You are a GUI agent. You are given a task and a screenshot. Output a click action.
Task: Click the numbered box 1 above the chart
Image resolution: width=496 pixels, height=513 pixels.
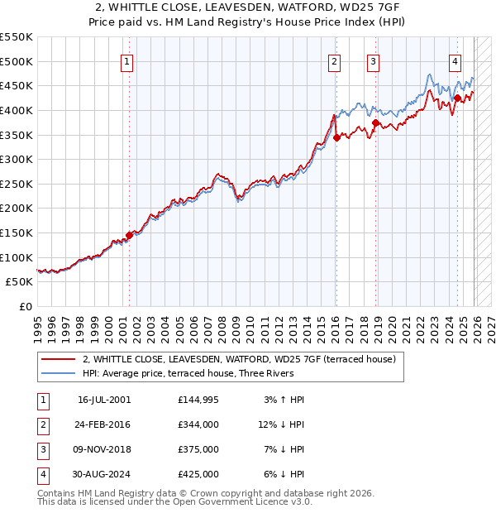(127, 61)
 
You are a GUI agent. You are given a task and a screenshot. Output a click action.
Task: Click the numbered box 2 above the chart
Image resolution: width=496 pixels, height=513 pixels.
(334, 61)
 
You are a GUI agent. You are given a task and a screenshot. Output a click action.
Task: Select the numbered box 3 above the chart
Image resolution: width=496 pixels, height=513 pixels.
(373, 61)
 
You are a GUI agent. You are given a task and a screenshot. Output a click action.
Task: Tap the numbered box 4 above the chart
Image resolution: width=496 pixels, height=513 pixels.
(455, 61)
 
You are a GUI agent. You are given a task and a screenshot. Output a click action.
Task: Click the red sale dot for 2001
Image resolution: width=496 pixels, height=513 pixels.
(130, 236)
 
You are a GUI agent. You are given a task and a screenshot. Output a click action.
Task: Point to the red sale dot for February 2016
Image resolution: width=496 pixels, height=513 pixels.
(337, 138)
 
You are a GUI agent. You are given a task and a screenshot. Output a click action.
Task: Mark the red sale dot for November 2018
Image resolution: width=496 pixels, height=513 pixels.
(376, 123)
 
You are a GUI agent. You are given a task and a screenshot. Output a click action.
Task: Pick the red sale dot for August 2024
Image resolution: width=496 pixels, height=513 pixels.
(457, 98)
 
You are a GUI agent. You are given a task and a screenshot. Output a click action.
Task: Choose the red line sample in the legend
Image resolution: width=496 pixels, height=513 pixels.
(58, 360)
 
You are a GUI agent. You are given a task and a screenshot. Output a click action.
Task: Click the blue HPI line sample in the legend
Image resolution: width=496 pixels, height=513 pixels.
(58, 374)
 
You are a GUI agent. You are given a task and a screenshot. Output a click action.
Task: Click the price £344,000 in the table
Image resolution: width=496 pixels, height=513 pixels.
(198, 424)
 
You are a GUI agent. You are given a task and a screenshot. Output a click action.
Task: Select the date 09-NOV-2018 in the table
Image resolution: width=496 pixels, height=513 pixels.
(104, 449)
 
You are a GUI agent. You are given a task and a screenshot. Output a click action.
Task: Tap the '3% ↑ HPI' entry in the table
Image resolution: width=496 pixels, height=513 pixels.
(284, 400)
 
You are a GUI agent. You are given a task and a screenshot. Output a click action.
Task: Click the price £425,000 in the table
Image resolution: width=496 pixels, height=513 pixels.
(198, 474)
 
